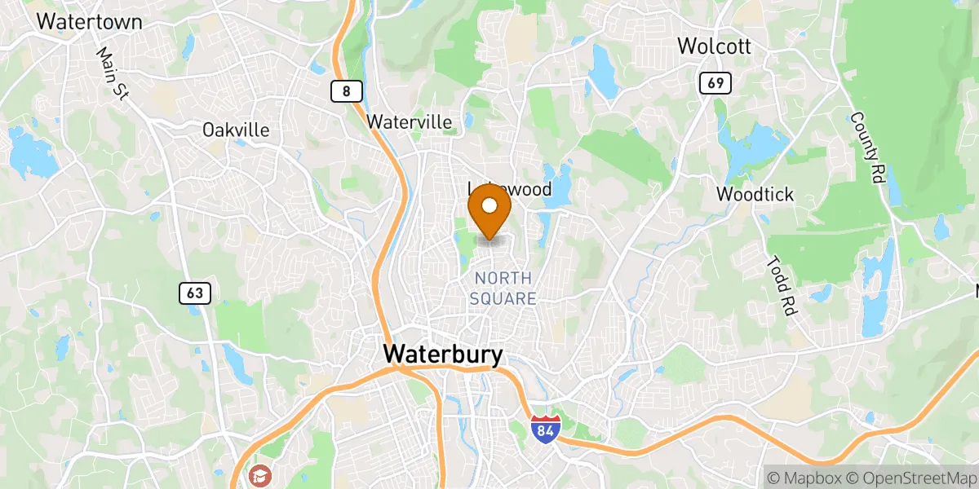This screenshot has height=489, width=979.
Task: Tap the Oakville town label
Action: tap(236, 130)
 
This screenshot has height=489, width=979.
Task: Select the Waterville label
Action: tap(409, 121)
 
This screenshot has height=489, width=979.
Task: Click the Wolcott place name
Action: tap(714, 46)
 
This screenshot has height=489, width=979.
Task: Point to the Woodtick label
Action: tap(755, 194)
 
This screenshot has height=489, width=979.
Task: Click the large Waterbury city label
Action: tap(443, 355)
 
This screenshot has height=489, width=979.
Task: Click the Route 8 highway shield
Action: tap(347, 91)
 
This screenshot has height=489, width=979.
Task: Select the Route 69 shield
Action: tap(715, 82)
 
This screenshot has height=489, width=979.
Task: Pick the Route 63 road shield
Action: tap(197, 293)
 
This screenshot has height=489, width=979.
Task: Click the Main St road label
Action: tap(113, 73)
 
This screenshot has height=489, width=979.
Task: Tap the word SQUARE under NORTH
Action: tap(503, 299)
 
